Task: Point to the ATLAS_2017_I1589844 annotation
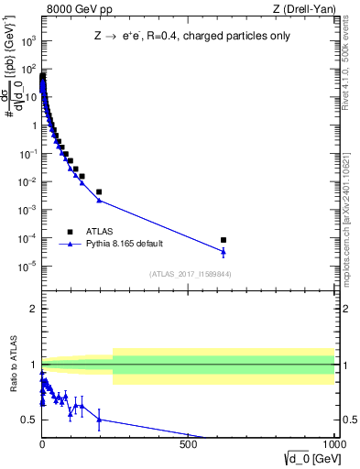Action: point(190,274)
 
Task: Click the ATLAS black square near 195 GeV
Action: point(99,192)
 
